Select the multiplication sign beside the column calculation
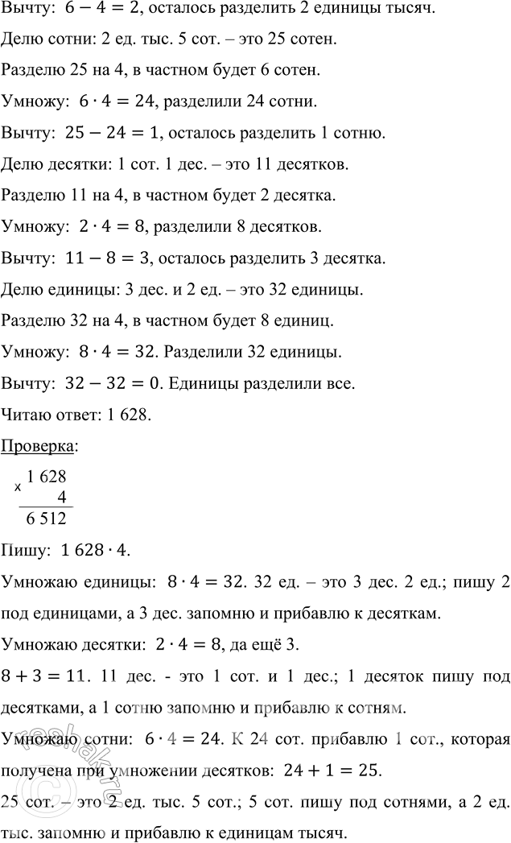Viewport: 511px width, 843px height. (19, 487)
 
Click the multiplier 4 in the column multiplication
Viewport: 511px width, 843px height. (61, 498)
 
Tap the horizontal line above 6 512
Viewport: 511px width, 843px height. (45, 507)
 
